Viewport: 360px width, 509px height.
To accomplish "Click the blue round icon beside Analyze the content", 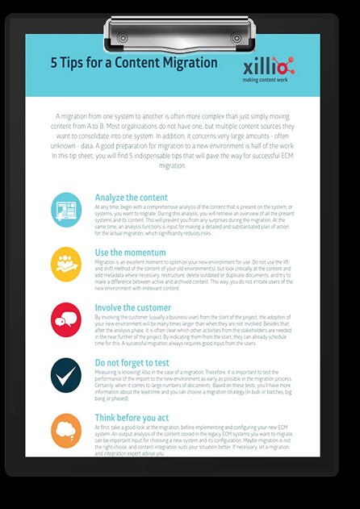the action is (65, 207).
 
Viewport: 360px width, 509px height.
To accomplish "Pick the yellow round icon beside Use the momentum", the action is (65, 262).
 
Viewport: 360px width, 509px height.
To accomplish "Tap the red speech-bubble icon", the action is (65, 318).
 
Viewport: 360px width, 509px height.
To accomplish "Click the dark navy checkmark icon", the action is (65, 373).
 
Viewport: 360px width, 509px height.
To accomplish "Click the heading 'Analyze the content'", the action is (131, 197).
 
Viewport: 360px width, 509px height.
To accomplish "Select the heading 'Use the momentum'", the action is (131, 252).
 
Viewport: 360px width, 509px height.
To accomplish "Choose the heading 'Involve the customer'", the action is (133, 307).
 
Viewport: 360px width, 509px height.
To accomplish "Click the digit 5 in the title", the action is (54, 62).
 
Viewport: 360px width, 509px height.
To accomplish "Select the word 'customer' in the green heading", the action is (151, 307).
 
